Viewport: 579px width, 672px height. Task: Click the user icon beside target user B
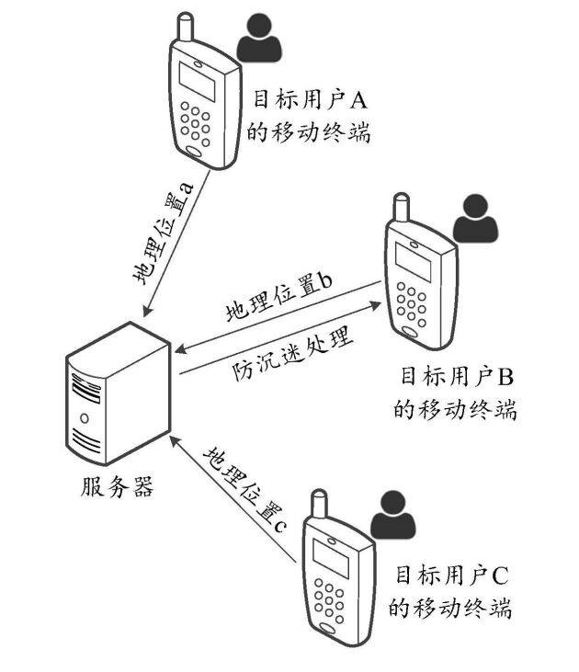pos(475,218)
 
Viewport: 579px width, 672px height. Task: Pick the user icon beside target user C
pos(392,514)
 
